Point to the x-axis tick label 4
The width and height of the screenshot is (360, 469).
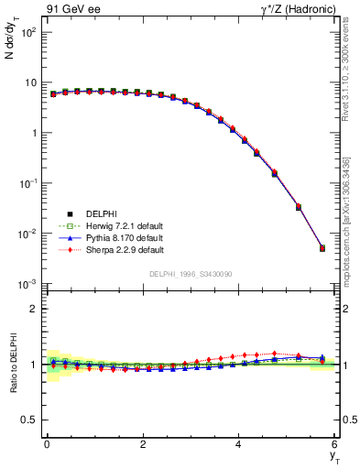coord(238,445)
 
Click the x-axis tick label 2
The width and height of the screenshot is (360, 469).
coord(142,445)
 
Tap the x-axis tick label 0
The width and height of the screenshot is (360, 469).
coord(46,445)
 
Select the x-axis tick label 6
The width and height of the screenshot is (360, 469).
coord(334,445)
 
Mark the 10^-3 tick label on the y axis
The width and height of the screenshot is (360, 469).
coord(27,284)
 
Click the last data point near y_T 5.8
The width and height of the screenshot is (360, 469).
coord(322,248)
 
